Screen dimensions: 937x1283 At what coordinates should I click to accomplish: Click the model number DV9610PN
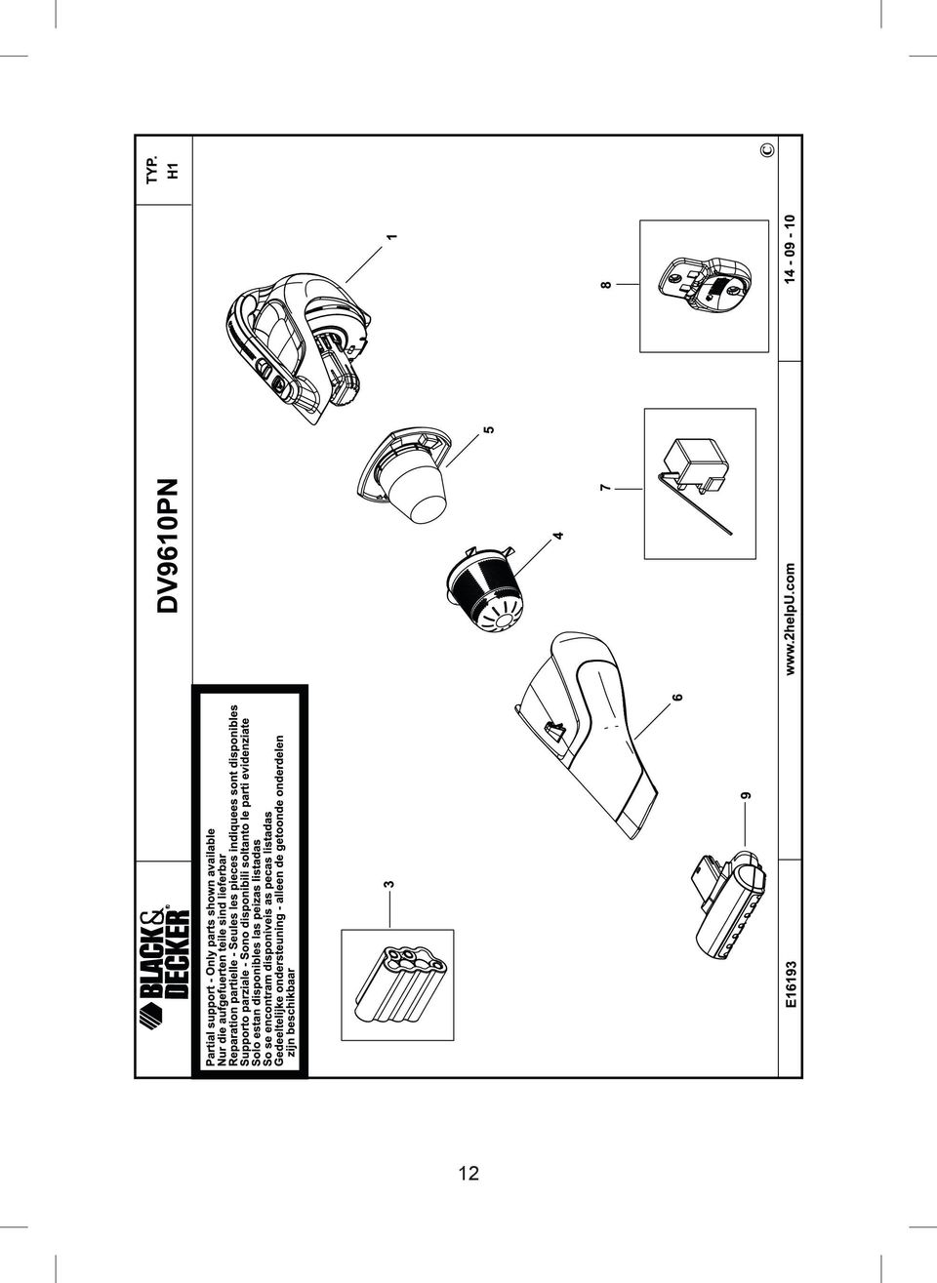(169, 546)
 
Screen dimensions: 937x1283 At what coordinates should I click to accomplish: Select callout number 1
(392, 236)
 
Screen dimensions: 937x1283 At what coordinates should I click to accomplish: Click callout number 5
(489, 429)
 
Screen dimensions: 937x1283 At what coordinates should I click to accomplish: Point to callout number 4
(558, 536)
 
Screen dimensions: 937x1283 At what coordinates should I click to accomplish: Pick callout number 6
(678, 698)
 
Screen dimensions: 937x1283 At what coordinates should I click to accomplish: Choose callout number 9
(746, 795)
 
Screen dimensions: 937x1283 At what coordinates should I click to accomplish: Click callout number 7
(604, 488)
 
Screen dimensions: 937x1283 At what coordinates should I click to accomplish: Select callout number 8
(606, 285)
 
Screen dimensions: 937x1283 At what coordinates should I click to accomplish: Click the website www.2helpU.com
(791, 620)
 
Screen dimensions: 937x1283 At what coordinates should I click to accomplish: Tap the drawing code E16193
(791, 986)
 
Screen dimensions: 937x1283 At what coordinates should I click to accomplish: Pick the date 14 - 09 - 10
(791, 249)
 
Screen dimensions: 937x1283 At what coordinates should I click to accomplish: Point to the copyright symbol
(768, 150)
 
